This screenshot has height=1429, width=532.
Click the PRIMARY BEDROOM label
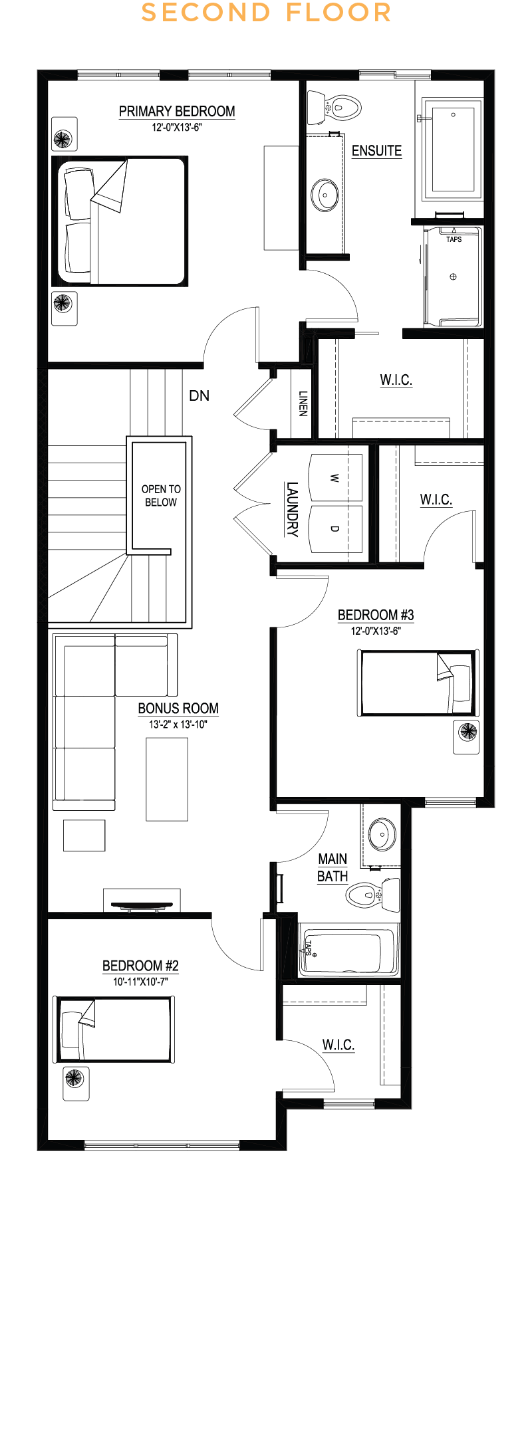(x=177, y=111)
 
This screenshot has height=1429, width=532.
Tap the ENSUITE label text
(x=376, y=151)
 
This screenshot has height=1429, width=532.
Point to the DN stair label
(x=199, y=395)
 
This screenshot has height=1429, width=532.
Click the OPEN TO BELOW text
(x=161, y=495)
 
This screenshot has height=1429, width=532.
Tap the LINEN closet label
(x=303, y=403)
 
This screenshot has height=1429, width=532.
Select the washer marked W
(x=336, y=478)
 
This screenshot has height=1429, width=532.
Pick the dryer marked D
(x=336, y=529)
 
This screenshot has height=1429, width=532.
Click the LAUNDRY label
(x=292, y=509)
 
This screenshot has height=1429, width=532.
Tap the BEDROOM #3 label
(x=376, y=615)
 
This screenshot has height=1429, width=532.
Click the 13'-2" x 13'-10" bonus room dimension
(x=178, y=724)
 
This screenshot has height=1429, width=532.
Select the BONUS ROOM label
(x=178, y=709)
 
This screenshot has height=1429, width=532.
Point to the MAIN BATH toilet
(x=373, y=894)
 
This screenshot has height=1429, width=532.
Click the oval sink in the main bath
(x=382, y=834)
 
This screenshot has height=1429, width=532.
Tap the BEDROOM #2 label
(x=140, y=966)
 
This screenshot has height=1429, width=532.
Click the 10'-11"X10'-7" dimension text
(x=140, y=981)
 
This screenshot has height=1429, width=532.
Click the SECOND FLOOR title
(x=266, y=13)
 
